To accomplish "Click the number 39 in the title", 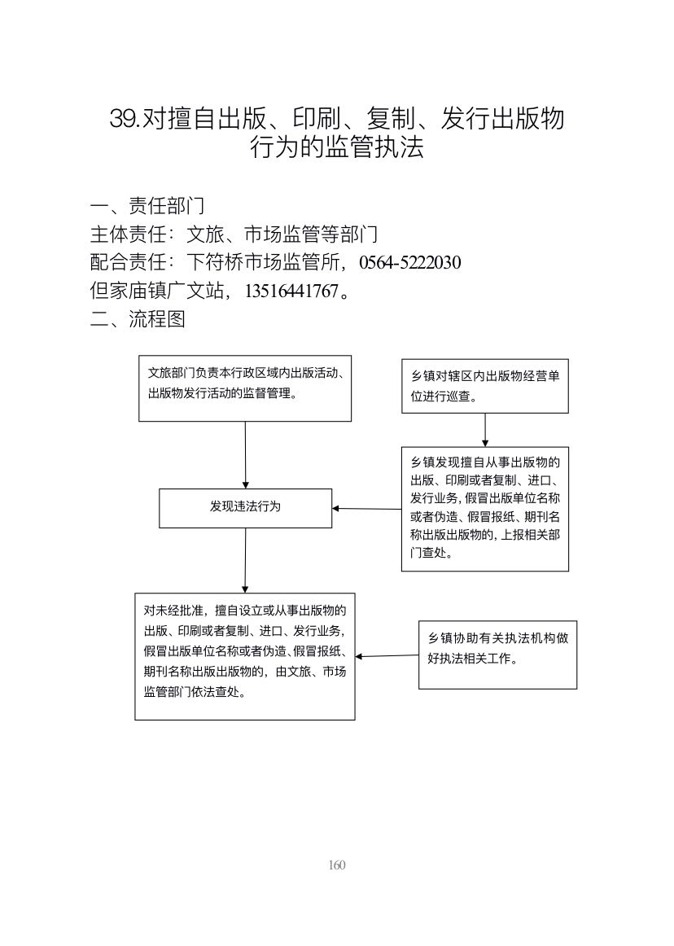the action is pos(124,119).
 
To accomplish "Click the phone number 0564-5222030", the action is pos(409,262).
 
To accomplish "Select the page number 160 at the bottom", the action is pos(337,865).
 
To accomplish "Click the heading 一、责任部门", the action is pos(147,206).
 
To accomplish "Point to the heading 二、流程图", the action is pos(138,318).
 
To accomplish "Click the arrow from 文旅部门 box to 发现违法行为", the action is pos(246,455).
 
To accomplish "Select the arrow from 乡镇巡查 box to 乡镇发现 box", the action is pos(485,430).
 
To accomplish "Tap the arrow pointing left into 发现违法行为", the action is pos(367,509).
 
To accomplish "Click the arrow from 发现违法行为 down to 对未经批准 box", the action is pos(245,560).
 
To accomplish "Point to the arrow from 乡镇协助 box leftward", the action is pos(387,656).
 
